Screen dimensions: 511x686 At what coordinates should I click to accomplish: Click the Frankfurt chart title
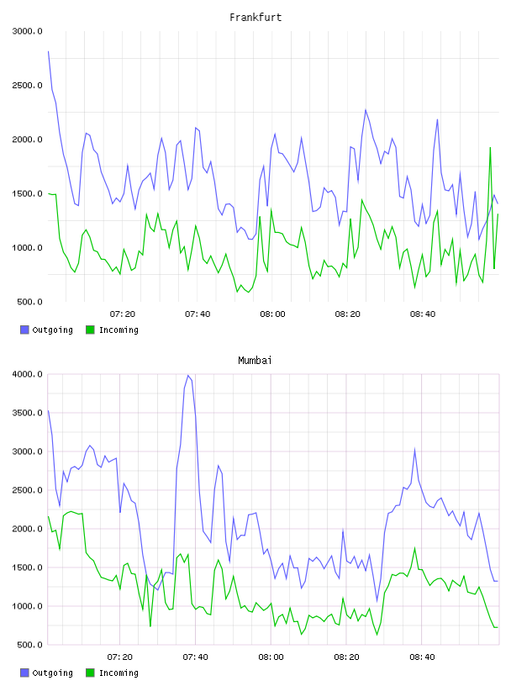point(255,18)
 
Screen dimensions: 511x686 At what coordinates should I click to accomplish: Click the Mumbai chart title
point(255,361)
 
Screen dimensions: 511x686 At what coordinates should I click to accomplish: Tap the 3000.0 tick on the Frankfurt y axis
point(28,31)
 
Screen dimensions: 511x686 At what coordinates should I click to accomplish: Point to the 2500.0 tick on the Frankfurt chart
point(28,85)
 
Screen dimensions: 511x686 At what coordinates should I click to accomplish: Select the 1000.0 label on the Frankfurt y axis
point(28,248)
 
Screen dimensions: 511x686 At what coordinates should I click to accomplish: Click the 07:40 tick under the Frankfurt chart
point(198,314)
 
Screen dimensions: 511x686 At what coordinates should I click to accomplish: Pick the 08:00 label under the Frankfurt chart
point(272,314)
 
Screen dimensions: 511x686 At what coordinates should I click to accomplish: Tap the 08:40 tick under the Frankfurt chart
point(423,314)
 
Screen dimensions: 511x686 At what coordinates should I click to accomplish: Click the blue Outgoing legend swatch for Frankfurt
point(24,330)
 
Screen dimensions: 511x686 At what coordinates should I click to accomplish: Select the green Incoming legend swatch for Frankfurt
point(90,330)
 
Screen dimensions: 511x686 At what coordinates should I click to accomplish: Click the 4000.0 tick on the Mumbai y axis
point(28,374)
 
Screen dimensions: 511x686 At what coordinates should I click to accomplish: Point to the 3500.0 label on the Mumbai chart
point(28,413)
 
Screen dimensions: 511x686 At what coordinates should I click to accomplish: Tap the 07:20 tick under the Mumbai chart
point(120,657)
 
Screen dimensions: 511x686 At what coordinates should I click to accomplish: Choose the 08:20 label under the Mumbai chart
point(346,657)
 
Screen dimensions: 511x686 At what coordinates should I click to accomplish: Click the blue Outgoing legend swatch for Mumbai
point(24,673)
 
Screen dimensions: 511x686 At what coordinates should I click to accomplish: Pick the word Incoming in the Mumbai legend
point(119,673)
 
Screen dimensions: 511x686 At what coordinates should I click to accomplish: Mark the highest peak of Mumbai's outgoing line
point(188,376)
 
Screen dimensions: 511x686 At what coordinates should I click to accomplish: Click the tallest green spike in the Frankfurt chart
point(490,148)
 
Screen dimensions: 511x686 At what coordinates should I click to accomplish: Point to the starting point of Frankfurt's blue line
point(48,51)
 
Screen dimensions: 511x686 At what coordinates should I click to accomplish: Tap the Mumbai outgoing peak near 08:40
point(414,449)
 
